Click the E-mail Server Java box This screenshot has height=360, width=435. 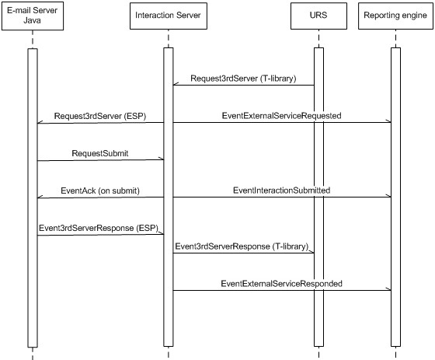coord(33,16)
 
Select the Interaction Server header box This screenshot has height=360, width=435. coord(169,16)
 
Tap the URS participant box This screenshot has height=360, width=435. coord(318,16)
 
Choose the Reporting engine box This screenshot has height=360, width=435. coord(395,16)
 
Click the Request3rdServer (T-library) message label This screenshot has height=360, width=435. coord(243,79)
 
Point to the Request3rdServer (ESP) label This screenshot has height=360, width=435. coord(100,116)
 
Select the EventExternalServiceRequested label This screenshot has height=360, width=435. coord(281,116)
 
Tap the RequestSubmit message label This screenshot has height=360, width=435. coord(100,153)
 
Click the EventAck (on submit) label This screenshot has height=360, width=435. coord(100,190)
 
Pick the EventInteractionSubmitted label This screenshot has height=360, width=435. coord(281,190)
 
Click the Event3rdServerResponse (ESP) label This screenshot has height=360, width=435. coord(99,228)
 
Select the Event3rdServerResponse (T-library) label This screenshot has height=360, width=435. coord(242,246)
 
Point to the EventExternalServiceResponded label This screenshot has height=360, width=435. coord(281,284)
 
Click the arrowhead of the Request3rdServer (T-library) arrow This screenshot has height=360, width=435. coord(173,85)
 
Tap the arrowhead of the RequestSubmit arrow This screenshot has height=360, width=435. coord(163,159)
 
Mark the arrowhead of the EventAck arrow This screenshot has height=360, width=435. coord(37,197)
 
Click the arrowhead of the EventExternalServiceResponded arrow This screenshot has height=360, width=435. coord(391,290)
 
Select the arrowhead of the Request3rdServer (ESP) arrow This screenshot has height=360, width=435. coord(37,123)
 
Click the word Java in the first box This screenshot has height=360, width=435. coord(32,20)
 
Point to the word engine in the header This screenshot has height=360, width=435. coord(414,16)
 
